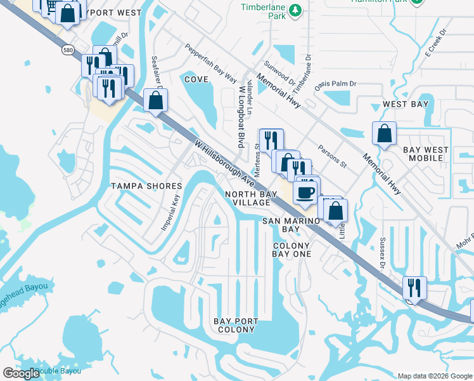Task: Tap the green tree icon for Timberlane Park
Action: pyautogui.click(x=295, y=10)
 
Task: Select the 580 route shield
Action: pyautogui.click(x=68, y=49)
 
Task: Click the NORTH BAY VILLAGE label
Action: pyautogui.click(x=252, y=197)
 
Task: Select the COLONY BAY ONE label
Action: pyautogui.click(x=291, y=250)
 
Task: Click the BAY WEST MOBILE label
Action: pyautogui.click(x=426, y=154)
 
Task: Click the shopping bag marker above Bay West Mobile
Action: pyautogui.click(x=384, y=134)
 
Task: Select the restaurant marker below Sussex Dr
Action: pyautogui.click(x=414, y=288)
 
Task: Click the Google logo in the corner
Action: pyautogui.click(x=21, y=373)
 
